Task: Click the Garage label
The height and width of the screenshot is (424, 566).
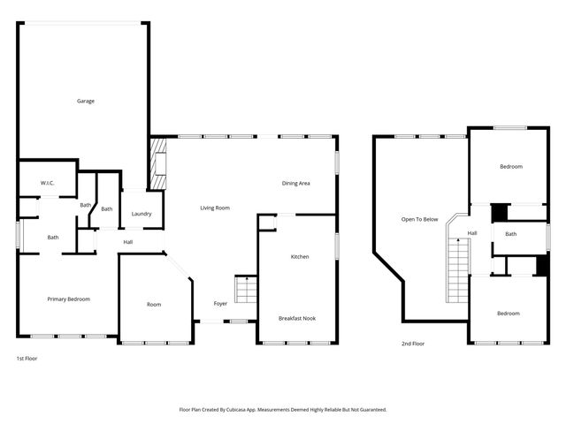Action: (x=85, y=101)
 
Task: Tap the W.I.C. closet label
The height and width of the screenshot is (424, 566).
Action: (x=47, y=183)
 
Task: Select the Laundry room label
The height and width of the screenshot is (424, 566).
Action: (x=141, y=214)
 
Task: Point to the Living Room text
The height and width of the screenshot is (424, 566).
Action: (x=215, y=208)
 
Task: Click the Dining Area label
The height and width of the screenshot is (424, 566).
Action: (x=295, y=183)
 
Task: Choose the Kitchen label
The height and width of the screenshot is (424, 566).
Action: (x=300, y=256)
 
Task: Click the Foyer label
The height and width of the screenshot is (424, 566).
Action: (x=220, y=304)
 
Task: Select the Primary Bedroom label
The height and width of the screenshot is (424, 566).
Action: (x=68, y=299)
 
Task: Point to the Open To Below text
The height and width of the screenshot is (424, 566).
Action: (x=419, y=219)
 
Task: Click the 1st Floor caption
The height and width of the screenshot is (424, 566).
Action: (x=27, y=359)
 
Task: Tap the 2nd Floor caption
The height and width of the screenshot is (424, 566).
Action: (x=413, y=343)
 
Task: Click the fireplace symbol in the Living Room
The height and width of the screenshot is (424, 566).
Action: (x=158, y=163)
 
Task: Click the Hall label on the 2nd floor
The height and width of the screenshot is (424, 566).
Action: (x=472, y=233)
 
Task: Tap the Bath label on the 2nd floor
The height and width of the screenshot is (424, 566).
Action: (x=510, y=234)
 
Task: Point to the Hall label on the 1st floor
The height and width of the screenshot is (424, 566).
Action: (x=128, y=242)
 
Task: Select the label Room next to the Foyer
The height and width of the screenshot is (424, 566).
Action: (x=154, y=305)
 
